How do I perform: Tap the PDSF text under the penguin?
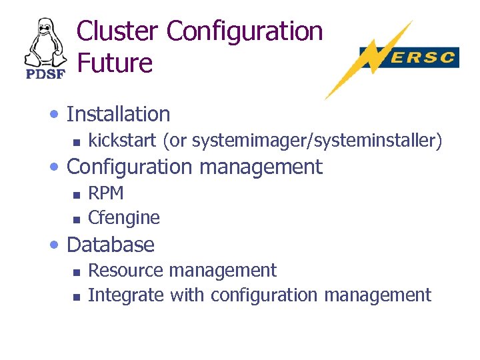(x=45, y=73)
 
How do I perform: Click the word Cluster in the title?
(x=117, y=31)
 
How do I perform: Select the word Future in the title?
(x=115, y=63)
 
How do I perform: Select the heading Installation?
(x=119, y=115)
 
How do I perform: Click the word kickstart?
(x=117, y=141)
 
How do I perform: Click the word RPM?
(x=106, y=193)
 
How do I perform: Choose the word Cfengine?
(x=124, y=218)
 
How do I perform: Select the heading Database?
(x=111, y=245)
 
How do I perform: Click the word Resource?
(x=125, y=271)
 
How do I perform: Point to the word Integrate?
(x=126, y=295)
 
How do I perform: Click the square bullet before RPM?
(x=77, y=195)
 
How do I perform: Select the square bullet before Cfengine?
(x=77, y=219)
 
